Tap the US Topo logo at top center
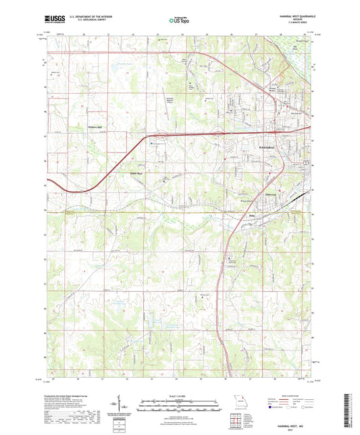pyautogui.click(x=178, y=21)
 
